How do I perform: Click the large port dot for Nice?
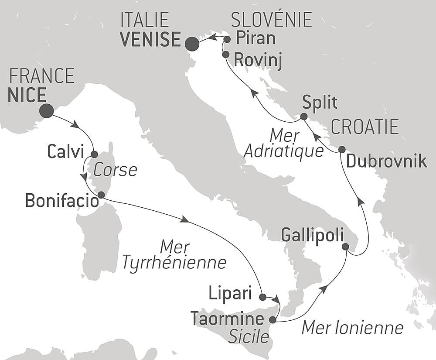coord(46,111)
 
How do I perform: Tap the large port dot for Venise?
coord(192,44)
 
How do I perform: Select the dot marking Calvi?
coord(94,154)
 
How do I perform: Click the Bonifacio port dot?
coord(101,195)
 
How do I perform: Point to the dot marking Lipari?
coord(262,297)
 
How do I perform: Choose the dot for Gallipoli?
coord(345,247)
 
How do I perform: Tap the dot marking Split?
coord(303,117)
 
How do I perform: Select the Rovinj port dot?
coord(225,55)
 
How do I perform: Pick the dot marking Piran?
coord(227,39)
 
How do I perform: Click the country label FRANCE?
coord(42,76)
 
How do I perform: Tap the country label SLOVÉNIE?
coord(271,20)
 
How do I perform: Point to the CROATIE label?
coord(365,127)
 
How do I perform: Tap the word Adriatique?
coord(283,151)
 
